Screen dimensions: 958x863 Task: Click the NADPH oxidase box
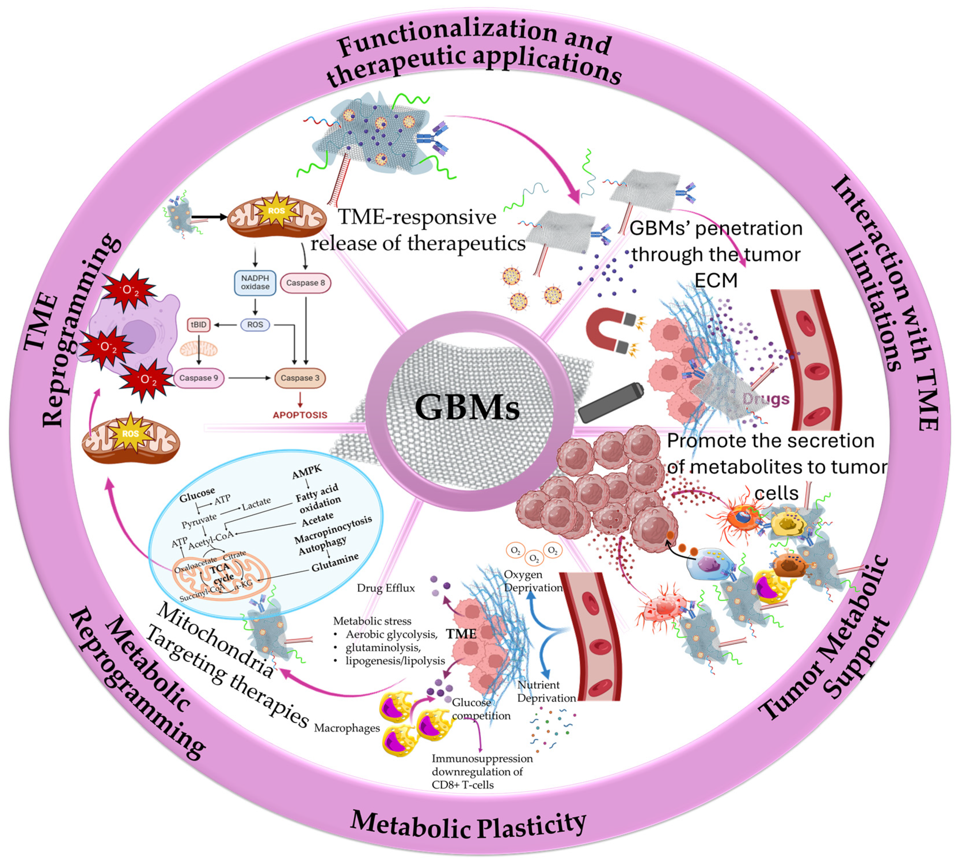(x=255, y=283)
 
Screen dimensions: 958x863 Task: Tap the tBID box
(x=199, y=325)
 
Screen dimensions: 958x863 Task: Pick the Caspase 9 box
(x=199, y=378)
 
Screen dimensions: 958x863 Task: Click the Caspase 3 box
(x=300, y=378)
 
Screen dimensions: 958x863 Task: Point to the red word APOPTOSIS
(x=300, y=415)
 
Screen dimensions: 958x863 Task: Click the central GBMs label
(x=467, y=407)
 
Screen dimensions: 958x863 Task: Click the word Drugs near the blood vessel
(x=765, y=399)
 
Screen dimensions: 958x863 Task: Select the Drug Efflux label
(x=386, y=588)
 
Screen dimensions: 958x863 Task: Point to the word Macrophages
(x=347, y=728)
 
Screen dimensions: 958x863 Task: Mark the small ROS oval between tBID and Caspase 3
(x=255, y=325)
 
